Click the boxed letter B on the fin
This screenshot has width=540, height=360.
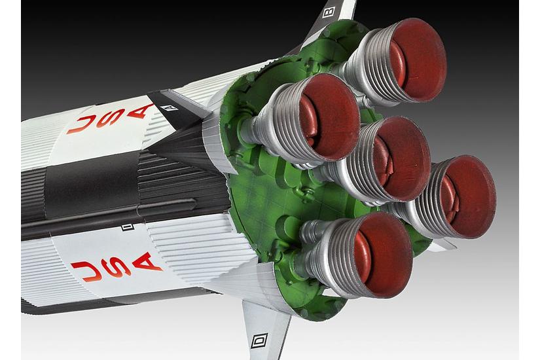coord(329,11)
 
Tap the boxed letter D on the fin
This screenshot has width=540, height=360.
coord(259,340)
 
